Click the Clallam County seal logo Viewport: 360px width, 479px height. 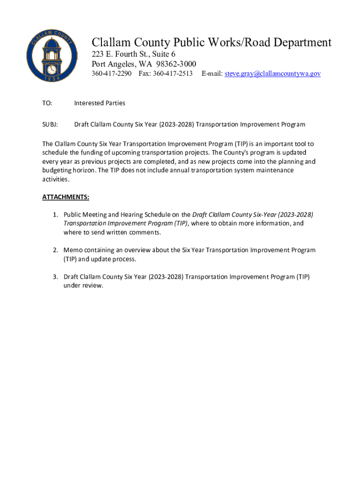pos(52,56)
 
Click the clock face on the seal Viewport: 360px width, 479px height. pos(52,69)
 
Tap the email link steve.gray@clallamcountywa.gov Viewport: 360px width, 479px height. pos(273,73)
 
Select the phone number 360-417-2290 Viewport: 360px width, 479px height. pos(112,73)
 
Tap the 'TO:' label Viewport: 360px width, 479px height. pos(47,103)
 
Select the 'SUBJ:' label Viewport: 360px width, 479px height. pos(50,124)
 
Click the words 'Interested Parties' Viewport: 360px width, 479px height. pos(100,103)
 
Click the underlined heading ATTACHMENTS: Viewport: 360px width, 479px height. pos(65,197)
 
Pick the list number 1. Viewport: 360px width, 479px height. pos(55,215)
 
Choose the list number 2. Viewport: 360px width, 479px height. pos(55,250)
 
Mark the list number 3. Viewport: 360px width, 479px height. pos(55,277)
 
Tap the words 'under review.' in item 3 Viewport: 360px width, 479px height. pos(83,285)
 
